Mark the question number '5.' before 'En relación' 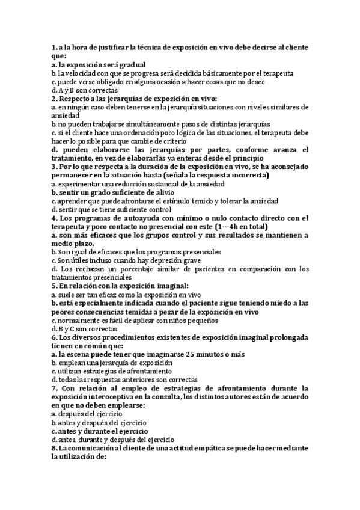55,286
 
